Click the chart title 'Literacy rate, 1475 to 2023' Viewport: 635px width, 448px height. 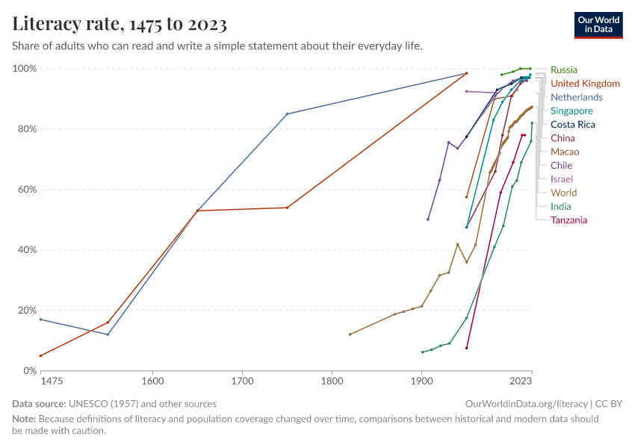tap(120, 24)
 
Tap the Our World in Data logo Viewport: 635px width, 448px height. tap(599, 25)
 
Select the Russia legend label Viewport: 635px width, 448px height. tap(563, 70)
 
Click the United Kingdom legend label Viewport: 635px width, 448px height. tap(585, 84)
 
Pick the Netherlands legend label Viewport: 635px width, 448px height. tap(576, 97)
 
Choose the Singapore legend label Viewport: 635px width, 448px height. tap(571, 111)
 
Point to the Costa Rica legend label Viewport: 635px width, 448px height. tap(573, 125)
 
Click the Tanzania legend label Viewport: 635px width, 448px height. tap(569, 220)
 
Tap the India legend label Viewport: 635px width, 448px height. tap(562, 207)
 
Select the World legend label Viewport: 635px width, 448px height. tap(563, 193)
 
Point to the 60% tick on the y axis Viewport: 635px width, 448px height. tap(24, 190)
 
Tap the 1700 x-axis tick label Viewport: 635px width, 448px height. tap(242, 382)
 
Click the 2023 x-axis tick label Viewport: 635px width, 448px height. tap(520, 382)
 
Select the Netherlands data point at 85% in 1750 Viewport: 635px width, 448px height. tap(287, 114)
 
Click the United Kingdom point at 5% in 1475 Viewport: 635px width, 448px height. tap(40, 355)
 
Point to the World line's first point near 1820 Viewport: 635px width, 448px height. tap(350, 334)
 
